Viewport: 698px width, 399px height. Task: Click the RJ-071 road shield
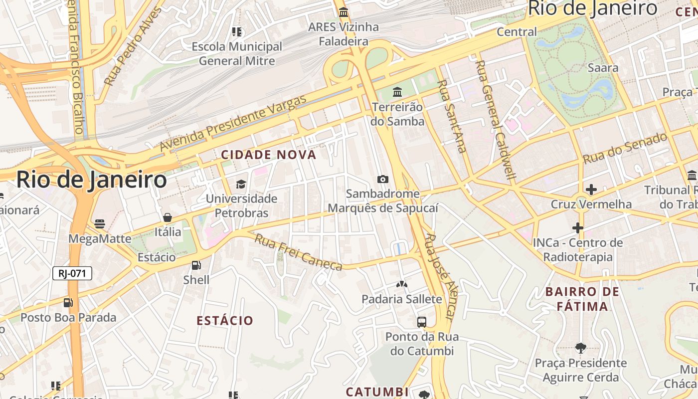click(72, 273)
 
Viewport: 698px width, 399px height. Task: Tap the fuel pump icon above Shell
click(196, 265)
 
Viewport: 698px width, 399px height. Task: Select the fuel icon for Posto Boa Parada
click(68, 302)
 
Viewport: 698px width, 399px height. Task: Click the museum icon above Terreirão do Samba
click(397, 92)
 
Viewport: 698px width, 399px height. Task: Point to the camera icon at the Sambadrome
click(383, 179)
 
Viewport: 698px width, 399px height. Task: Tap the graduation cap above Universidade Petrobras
click(241, 184)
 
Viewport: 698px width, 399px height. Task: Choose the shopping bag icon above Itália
click(168, 217)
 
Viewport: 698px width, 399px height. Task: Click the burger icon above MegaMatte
click(100, 224)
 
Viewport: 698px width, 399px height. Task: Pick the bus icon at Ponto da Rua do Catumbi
click(422, 322)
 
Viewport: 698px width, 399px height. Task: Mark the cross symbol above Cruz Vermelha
click(591, 190)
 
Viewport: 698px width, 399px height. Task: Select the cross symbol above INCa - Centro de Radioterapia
click(578, 228)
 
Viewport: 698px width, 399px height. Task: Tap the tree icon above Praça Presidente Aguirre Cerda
click(580, 348)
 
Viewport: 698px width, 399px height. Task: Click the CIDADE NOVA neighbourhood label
click(269, 155)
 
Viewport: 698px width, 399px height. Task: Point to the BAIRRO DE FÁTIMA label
click(582, 299)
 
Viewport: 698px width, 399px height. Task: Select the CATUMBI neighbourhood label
click(377, 392)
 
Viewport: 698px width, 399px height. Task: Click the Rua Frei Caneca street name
click(298, 252)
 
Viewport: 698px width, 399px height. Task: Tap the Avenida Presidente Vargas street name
click(233, 124)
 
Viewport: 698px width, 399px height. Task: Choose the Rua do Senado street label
click(625, 148)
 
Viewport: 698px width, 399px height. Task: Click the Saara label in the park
click(603, 68)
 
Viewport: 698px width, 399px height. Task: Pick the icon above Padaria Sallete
click(401, 284)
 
